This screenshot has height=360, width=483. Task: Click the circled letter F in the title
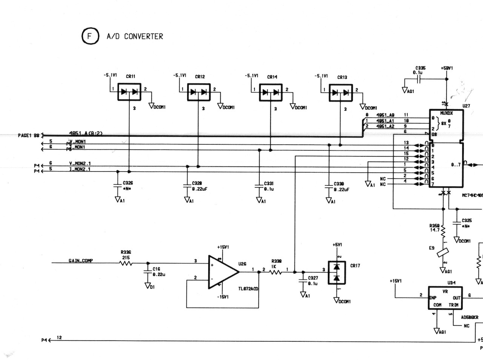pyautogui.click(x=89, y=37)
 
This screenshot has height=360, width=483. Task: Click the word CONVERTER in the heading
pyautogui.click(x=144, y=37)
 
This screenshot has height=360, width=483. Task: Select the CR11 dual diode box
pyautogui.click(x=129, y=92)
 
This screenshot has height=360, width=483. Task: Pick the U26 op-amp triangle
pyautogui.click(x=223, y=272)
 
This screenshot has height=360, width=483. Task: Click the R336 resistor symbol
pyautogui.click(x=126, y=264)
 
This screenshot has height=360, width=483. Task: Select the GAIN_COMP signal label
pyautogui.click(x=81, y=261)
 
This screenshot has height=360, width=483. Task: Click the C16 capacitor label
pyautogui.click(x=156, y=269)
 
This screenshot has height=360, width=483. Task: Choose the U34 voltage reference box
pyautogui.click(x=445, y=298)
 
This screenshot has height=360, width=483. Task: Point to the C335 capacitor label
pyautogui.click(x=420, y=68)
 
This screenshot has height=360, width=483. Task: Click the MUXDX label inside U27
pyautogui.click(x=446, y=113)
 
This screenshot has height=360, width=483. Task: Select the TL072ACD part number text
pyautogui.click(x=248, y=289)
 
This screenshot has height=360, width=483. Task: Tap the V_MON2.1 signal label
pyautogui.click(x=80, y=163)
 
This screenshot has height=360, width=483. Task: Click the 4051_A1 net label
pyautogui.click(x=385, y=121)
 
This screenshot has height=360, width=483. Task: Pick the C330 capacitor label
pyautogui.click(x=339, y=184)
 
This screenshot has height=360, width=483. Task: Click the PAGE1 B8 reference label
pyautogui.click(x=28, y=135)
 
